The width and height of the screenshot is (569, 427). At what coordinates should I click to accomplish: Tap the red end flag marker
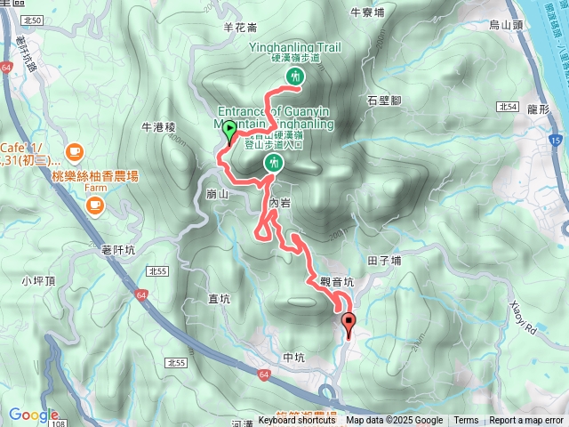(348, 325)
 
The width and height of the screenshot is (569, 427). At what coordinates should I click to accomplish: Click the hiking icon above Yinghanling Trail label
(293, 78)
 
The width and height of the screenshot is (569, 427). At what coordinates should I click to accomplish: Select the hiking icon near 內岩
(273, 163)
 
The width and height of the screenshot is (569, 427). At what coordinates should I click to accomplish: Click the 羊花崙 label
(239, 28)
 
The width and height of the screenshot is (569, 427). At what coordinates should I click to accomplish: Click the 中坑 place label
(293, 359)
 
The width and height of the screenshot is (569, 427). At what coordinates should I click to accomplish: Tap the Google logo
(33, 415)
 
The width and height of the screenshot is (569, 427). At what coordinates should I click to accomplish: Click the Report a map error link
(527, 421)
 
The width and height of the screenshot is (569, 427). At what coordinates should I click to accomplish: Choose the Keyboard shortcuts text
(297, 421)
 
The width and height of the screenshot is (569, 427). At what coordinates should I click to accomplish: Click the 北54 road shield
(509, 107)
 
